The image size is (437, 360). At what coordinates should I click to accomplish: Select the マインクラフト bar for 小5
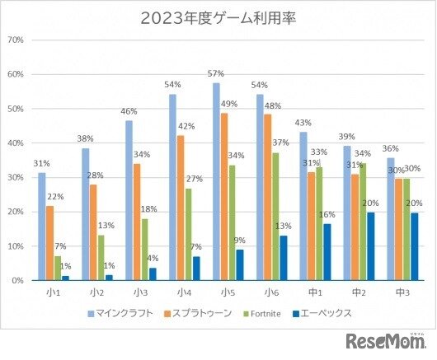click(216, 181)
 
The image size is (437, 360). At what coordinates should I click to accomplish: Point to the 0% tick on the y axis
click(17, 281)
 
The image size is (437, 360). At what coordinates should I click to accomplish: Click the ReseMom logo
click(385, 341)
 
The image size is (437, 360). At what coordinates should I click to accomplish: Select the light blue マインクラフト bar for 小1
click(41, 227)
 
